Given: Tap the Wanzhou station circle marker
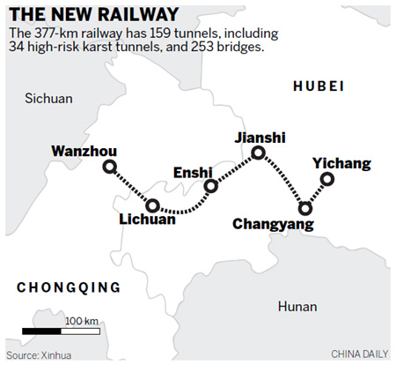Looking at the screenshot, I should pos(109,168).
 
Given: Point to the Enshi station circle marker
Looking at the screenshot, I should pos(210,186).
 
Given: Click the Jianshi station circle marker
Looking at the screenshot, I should pos(259,153).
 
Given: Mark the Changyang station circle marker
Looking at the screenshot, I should pos(305,209).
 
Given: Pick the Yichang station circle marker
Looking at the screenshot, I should pos(327,179).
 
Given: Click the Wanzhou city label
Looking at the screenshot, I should pos(84,150).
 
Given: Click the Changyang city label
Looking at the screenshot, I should pos(272,225).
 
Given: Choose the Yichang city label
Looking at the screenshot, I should pos(342,164).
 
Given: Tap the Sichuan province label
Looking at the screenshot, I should pos(48,98).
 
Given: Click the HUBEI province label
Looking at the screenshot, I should pos(318,85).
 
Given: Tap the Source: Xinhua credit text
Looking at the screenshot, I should pos(40,354).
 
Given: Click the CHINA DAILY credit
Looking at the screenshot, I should pos(359,354).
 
